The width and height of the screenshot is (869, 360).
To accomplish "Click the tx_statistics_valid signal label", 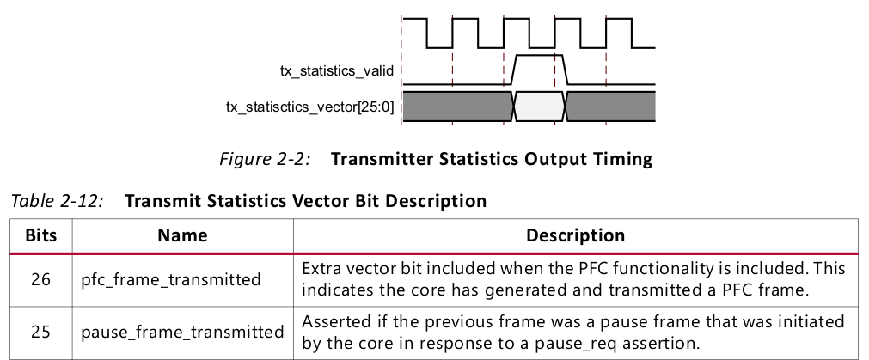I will click(x=336, y=71).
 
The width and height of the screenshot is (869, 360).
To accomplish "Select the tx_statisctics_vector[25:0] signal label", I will click(x=309, y=107).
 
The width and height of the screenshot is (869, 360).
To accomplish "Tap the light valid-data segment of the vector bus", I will click(x=539, y=107).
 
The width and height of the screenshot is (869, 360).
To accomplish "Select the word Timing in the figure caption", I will click(x=624, y=159).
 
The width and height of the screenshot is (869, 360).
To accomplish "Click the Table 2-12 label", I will click(x=57, y=202).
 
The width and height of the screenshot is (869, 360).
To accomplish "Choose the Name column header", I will click(x=182, y=235).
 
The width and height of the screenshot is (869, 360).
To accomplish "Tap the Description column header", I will click(x=575, y=235).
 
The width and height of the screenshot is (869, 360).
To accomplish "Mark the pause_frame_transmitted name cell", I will click(x=182, y=331).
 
